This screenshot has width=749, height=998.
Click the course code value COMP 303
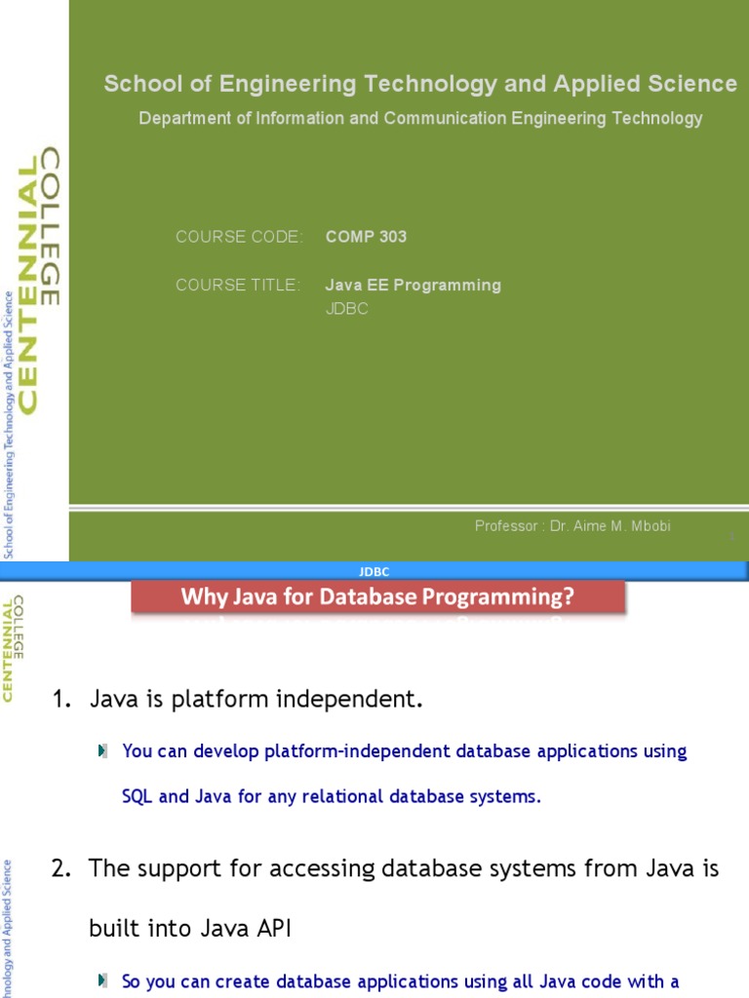pyautogui.click(x=366, y=237)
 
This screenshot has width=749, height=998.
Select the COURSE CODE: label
pyautogui.click(x=239, y=237)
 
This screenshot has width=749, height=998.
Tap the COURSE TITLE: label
pyautogui.click(x=238, y=286)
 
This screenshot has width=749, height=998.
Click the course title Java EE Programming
pyautogui.click(x=413, y=286)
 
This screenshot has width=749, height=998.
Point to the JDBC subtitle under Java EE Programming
pyautogui.click(x=346, y=309)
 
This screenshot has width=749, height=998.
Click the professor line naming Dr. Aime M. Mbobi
pyautogui.click(x=572, y=526)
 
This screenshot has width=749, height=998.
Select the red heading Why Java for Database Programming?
pyautogui.click(x=377, y=596)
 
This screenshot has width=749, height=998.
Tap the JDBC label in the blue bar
pyautogui.click(x=374, y=572)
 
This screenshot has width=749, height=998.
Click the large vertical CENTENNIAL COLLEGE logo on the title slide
pyautogui.click(x=39, y=283)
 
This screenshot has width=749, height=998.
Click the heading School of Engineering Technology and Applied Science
pyautogui.click(x=420, y=85)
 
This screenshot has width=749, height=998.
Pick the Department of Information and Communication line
pyautogui.click(x=420, y=119)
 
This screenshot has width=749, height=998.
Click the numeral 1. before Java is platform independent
pyautogui.click(x=61, y=699)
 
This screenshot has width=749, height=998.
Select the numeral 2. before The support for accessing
pyautogui.click(x=61, y=868)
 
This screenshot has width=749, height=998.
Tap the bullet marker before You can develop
pyautogui.click(x=103, y=751)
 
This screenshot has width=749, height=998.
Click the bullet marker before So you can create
pyautogui.click(x=103, y=981)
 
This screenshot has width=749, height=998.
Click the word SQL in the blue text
pyautogui.click(x=138, y=796)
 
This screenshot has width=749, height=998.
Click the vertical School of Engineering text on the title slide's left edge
pyautogui.click(x=9, y=424)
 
